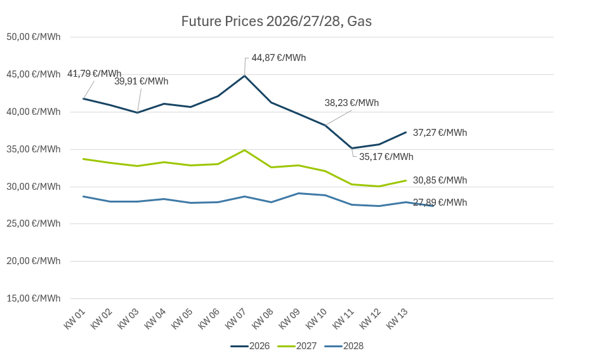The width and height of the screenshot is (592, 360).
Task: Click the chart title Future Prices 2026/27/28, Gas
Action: coord(276,21)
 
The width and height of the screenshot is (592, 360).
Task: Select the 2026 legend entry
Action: coord(251,346)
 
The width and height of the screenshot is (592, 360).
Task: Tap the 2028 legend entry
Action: coord(344,346)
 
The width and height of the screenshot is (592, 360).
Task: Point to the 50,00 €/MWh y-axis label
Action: coord(34,37)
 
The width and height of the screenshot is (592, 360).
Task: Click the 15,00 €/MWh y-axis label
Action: coord(34,298)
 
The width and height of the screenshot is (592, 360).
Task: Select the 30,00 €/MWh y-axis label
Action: coord(34,187)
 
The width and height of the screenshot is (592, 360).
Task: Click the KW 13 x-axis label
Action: coord(397,318)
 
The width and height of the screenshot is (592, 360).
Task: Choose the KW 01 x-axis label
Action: coord(75,318)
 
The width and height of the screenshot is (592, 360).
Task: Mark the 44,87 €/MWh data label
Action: coord(279,58)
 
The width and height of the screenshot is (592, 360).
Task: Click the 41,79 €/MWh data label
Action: coord(94,74)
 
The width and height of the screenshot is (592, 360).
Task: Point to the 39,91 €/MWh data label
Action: coord(141,81)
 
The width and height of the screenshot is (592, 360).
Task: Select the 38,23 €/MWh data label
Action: coord(352,103)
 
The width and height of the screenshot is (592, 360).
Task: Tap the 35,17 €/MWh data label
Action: coord(386,157)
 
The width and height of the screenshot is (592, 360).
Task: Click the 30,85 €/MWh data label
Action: coord(440,180)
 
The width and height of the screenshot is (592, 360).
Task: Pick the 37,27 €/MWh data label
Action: coord(440,133)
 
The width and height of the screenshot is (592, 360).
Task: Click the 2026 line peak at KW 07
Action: coord(245,76)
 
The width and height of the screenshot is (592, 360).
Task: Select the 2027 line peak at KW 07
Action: coord(245,150)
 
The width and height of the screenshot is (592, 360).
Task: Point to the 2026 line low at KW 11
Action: coord(352,149)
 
